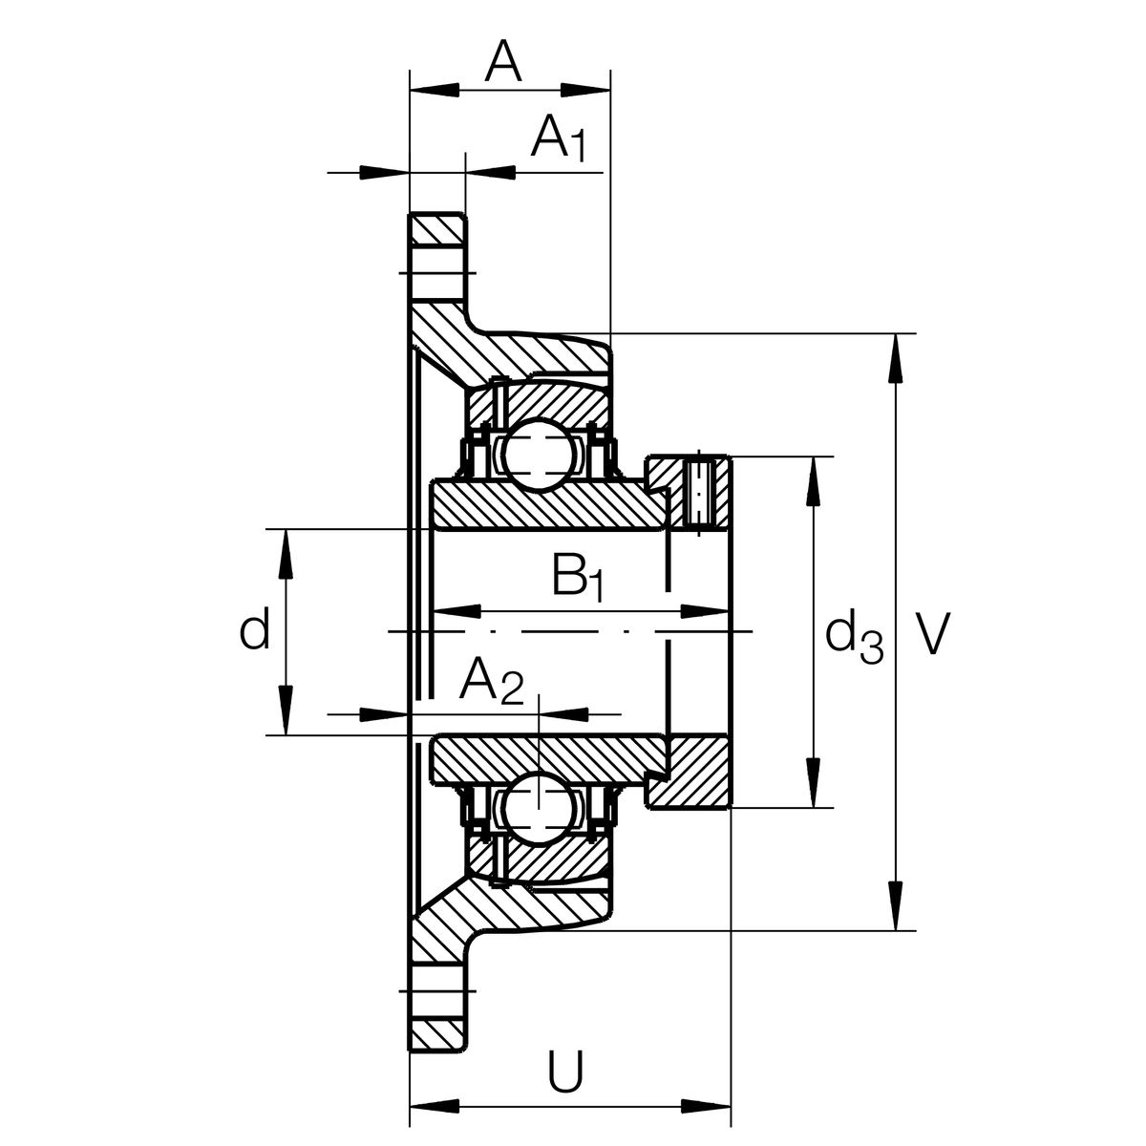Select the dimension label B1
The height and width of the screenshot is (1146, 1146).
tap(577, 577)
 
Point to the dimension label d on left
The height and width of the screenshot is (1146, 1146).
tap(254, 631)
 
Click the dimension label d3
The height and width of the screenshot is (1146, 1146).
tap(853, 637)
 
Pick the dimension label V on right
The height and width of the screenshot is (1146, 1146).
tap(933, 634)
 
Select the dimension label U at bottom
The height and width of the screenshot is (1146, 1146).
tap(565, 1072)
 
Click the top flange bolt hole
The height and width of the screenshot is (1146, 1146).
tap(440, 273)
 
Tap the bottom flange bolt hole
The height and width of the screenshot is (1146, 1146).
tap(440, 993)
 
